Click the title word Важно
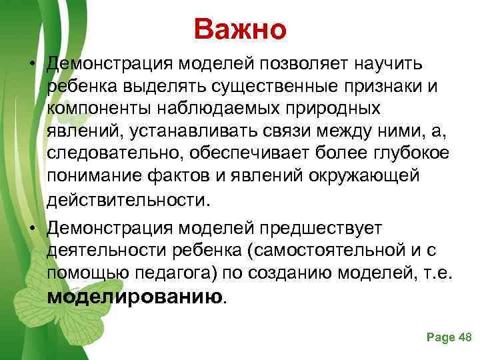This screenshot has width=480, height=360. point(240,29)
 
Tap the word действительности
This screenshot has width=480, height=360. point(127,199)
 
